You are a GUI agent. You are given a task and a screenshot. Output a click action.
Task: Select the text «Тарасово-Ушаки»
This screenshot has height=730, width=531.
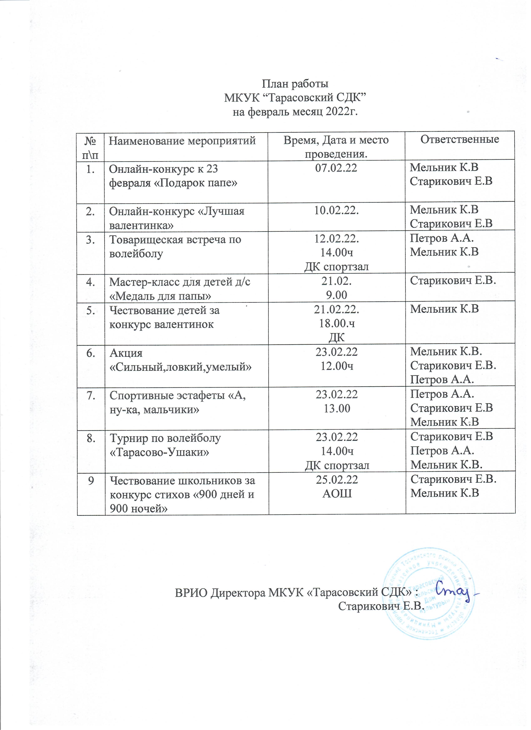point(160,452)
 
